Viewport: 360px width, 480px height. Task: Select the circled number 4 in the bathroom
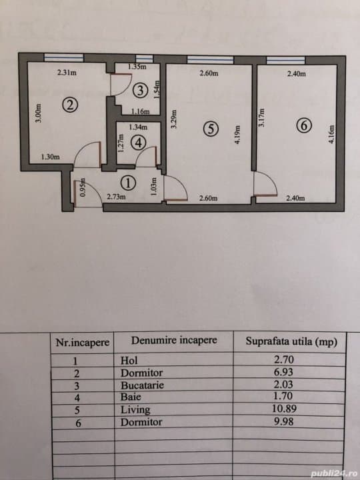tap(138, 142)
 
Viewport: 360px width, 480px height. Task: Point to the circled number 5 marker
tap(211, 129)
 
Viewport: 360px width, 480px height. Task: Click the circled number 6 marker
tap(303, 125)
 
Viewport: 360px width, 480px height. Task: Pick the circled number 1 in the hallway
tap(129, 181)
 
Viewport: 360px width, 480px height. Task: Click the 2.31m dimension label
tap(65, 73)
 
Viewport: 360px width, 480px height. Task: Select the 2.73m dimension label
tap(117, 197)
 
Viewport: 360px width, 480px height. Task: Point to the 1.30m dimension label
tap(50, 157)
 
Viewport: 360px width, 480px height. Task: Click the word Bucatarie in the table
tap(142, 385)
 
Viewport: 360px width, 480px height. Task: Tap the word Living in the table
tap(135, 410)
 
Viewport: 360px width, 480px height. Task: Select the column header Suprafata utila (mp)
tap(291, 342)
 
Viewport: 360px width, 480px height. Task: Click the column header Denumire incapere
tap(174, 340)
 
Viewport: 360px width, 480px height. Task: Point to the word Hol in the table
tap(129, 361)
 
